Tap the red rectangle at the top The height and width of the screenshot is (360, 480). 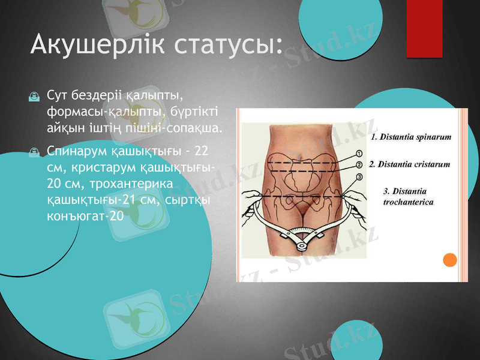424,28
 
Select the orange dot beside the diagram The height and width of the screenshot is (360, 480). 449,259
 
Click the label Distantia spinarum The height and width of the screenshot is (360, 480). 411,137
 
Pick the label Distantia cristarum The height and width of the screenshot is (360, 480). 409,164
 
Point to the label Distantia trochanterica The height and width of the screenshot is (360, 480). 408,197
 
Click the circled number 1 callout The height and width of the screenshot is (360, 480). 359,154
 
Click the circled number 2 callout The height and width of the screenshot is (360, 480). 359,164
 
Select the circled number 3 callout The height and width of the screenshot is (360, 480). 359,176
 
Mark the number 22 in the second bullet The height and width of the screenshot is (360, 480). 201,151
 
